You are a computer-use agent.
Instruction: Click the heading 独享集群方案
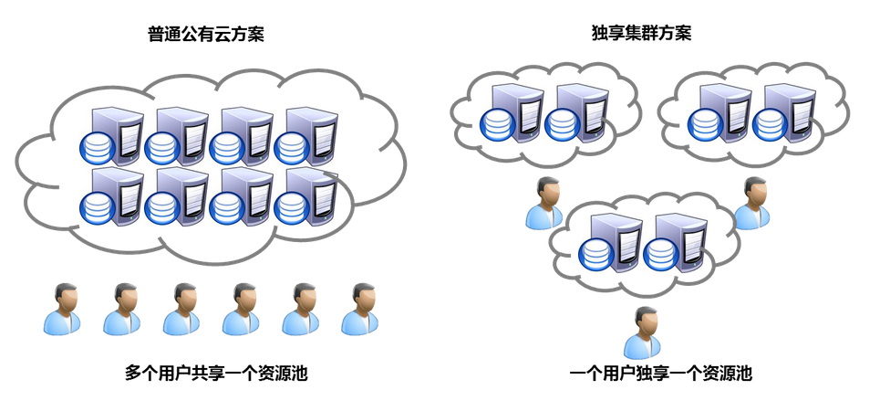[641, 34]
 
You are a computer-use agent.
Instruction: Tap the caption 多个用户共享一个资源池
[216, 373]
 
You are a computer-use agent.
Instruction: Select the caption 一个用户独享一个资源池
[661, 373]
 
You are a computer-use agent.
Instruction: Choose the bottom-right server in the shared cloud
[306, 195]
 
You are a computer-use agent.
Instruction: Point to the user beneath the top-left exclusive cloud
[544, 203]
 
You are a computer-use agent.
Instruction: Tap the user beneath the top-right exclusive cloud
[751, 203]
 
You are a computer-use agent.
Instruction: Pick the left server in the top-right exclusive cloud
[719, 114]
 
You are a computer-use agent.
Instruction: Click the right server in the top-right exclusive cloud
[782, 114]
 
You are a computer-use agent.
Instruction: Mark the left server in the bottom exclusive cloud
[611, 242]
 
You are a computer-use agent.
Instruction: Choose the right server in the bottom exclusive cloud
[675, 242]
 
